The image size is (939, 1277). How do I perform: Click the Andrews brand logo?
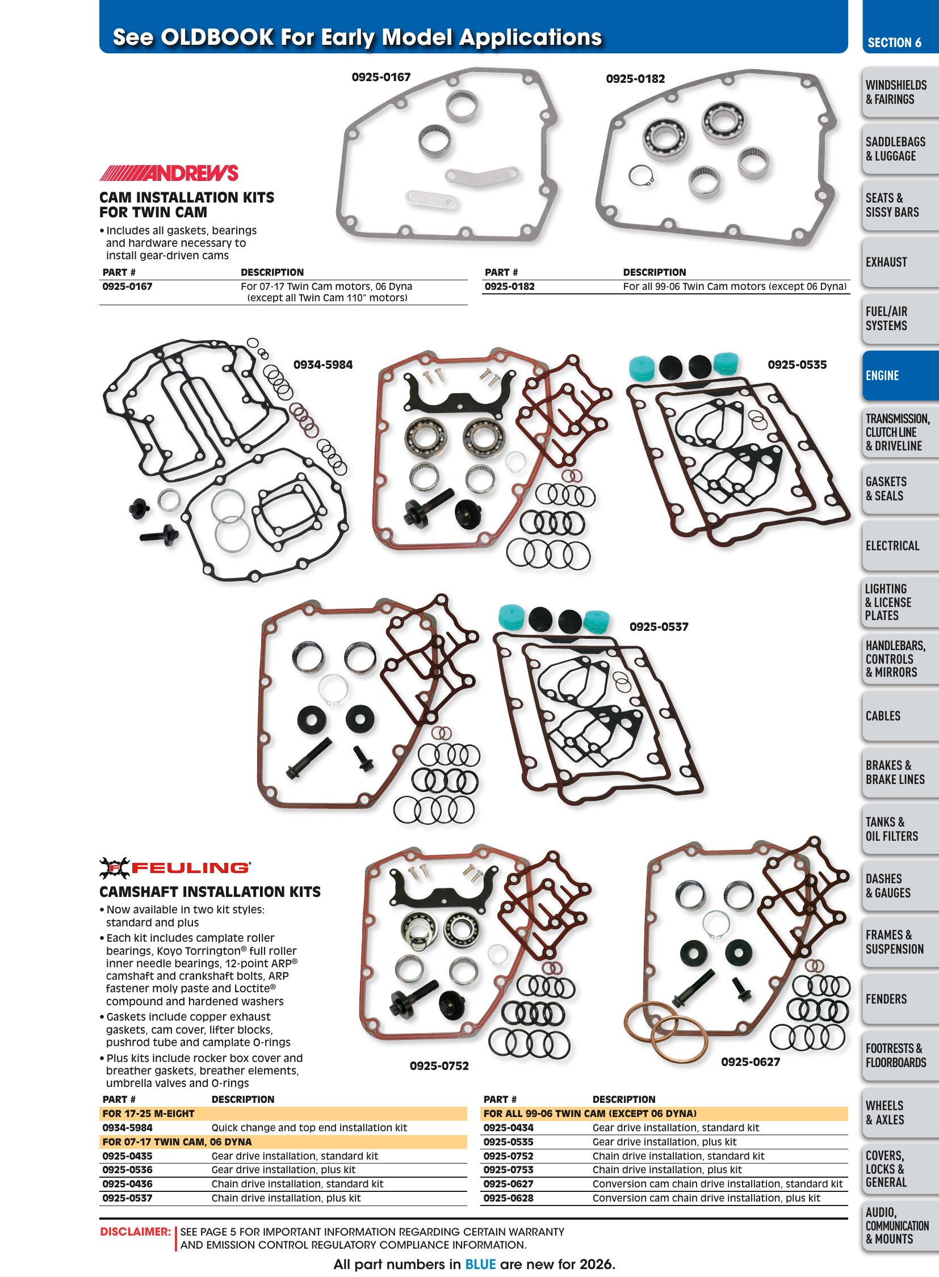tap(169, 172)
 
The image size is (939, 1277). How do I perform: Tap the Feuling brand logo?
tap(174, 867)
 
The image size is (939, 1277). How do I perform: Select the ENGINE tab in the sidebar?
tap(900, 376)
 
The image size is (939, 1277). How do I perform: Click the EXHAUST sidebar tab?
tap(900, 262)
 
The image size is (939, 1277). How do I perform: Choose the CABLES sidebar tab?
tap(900, 716)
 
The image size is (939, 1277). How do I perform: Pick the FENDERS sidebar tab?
tap(900, 998)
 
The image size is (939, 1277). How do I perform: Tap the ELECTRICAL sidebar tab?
tap(900, 545)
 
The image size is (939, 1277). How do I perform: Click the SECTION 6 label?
tap(894, 43)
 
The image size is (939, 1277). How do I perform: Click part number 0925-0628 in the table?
tap(508, 1198)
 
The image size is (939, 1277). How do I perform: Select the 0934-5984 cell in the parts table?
tap(127, 1128)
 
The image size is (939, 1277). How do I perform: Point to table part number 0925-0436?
tap(127, 1184)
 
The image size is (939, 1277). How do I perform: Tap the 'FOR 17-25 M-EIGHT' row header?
tap(148, 1114)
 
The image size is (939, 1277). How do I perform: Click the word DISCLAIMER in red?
tap(135, 1232)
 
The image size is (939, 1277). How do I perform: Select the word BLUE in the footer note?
tap(480, 1265)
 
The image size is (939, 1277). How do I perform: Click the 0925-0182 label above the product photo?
tap(635, 79)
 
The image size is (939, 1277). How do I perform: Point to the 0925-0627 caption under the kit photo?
tap(751, 1061)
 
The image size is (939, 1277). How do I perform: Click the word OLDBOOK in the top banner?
tap(217, 37)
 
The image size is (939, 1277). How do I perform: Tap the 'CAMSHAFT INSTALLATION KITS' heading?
tap(209, 892)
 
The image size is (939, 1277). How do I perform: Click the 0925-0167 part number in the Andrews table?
tap(127, 286)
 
